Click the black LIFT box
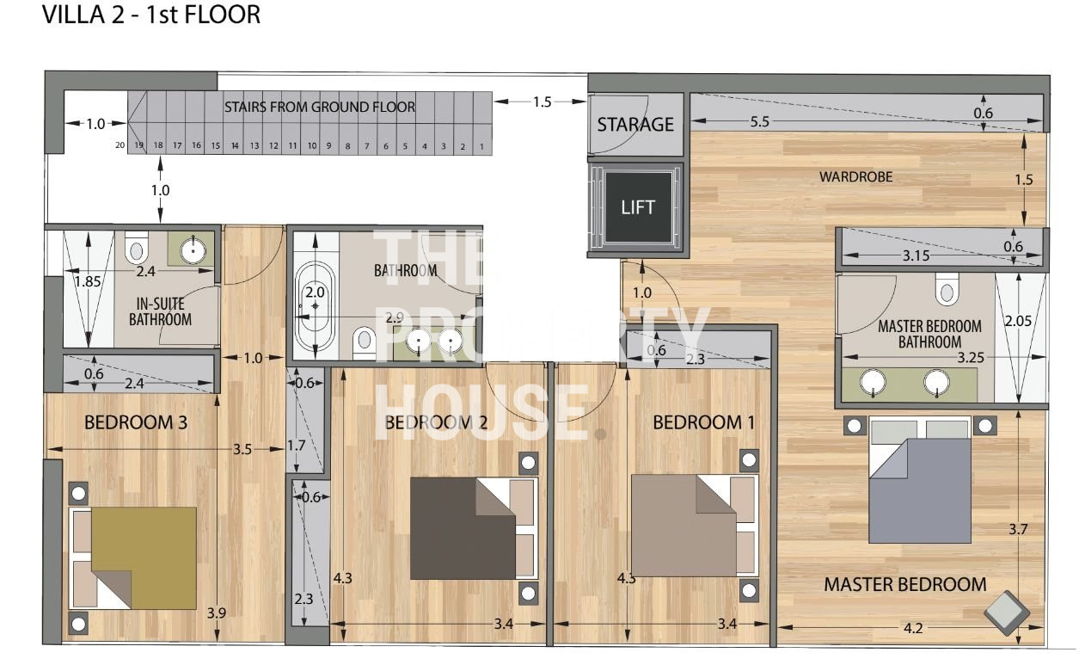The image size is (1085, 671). pos(639,207)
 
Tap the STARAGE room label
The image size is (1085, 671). pos(635,125)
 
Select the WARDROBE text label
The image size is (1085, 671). pos(856,176)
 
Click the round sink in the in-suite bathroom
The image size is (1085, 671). pos(193,250)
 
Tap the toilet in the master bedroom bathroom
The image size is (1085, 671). pos(947,289)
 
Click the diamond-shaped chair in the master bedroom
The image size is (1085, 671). pos(1007,613)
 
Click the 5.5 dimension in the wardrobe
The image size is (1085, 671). pos(759,121)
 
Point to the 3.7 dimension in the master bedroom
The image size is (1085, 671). pos(1018,529)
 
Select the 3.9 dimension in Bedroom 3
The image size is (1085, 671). pos(217,613)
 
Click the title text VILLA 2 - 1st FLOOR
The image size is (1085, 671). pos(151,15)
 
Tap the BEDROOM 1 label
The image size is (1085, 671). pos(704,422)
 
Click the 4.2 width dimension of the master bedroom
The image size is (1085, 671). pos(913,628)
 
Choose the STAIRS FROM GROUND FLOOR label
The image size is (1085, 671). pos(320,107)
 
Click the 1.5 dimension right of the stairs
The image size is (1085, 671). pos(542,102)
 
